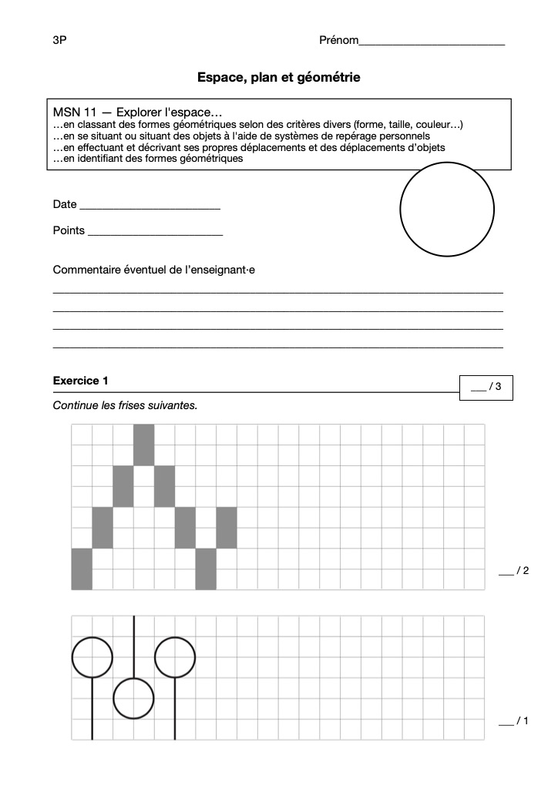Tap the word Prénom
338,40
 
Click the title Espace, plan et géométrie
278,77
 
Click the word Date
65,204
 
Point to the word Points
69,230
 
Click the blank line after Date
150,207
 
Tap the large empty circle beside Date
447,209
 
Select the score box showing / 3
486,387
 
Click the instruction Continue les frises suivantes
125,405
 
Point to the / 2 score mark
514,571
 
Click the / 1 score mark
514,721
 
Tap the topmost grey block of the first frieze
144,445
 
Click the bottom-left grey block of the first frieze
82,569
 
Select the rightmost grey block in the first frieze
227,528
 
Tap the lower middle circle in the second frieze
134,698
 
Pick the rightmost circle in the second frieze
175,656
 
